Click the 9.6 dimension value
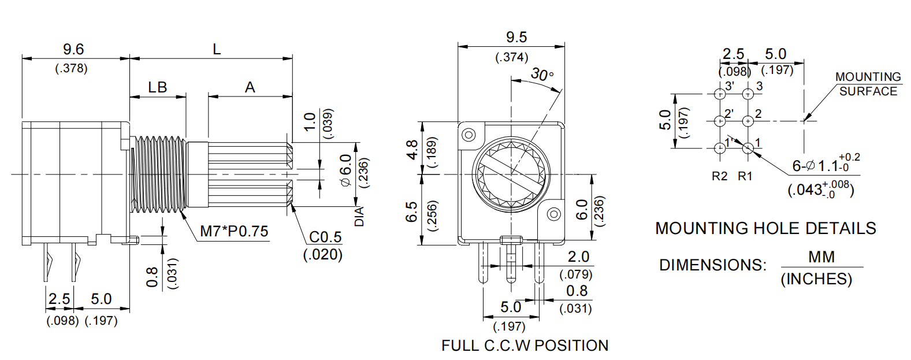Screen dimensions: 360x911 click(x=73, y=49)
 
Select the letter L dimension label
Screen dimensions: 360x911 click(x=217, y=49)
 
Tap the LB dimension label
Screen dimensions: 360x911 click(x=157, y=87)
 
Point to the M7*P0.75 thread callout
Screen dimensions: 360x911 click(x=234, y=231)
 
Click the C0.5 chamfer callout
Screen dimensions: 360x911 click(x=325, y=237)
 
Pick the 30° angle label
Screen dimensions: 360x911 click(x=542, y=75)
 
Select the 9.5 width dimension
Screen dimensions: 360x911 click(x=516, y=38)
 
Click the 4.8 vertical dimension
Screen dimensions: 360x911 click(x=412, y=150)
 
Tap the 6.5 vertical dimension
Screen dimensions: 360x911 click(x=412, y=211)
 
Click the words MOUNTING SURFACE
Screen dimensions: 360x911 click(x=868, y=84)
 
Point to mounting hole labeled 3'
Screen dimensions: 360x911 click(x=720, y=94)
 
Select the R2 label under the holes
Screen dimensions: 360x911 click(x=719, y=176)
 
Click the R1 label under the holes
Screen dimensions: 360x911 click(x=745, y=176)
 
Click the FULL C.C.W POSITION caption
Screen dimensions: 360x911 click(x=525, y=346)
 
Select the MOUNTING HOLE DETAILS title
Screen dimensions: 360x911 click(x=765, y=228)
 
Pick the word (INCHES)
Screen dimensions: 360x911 click(x=816, y=279)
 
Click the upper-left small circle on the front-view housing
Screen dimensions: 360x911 click(x=468, y=135)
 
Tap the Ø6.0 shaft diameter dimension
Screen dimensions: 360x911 click(x=345, y=170)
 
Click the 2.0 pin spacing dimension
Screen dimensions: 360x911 click(x=578, y=257)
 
